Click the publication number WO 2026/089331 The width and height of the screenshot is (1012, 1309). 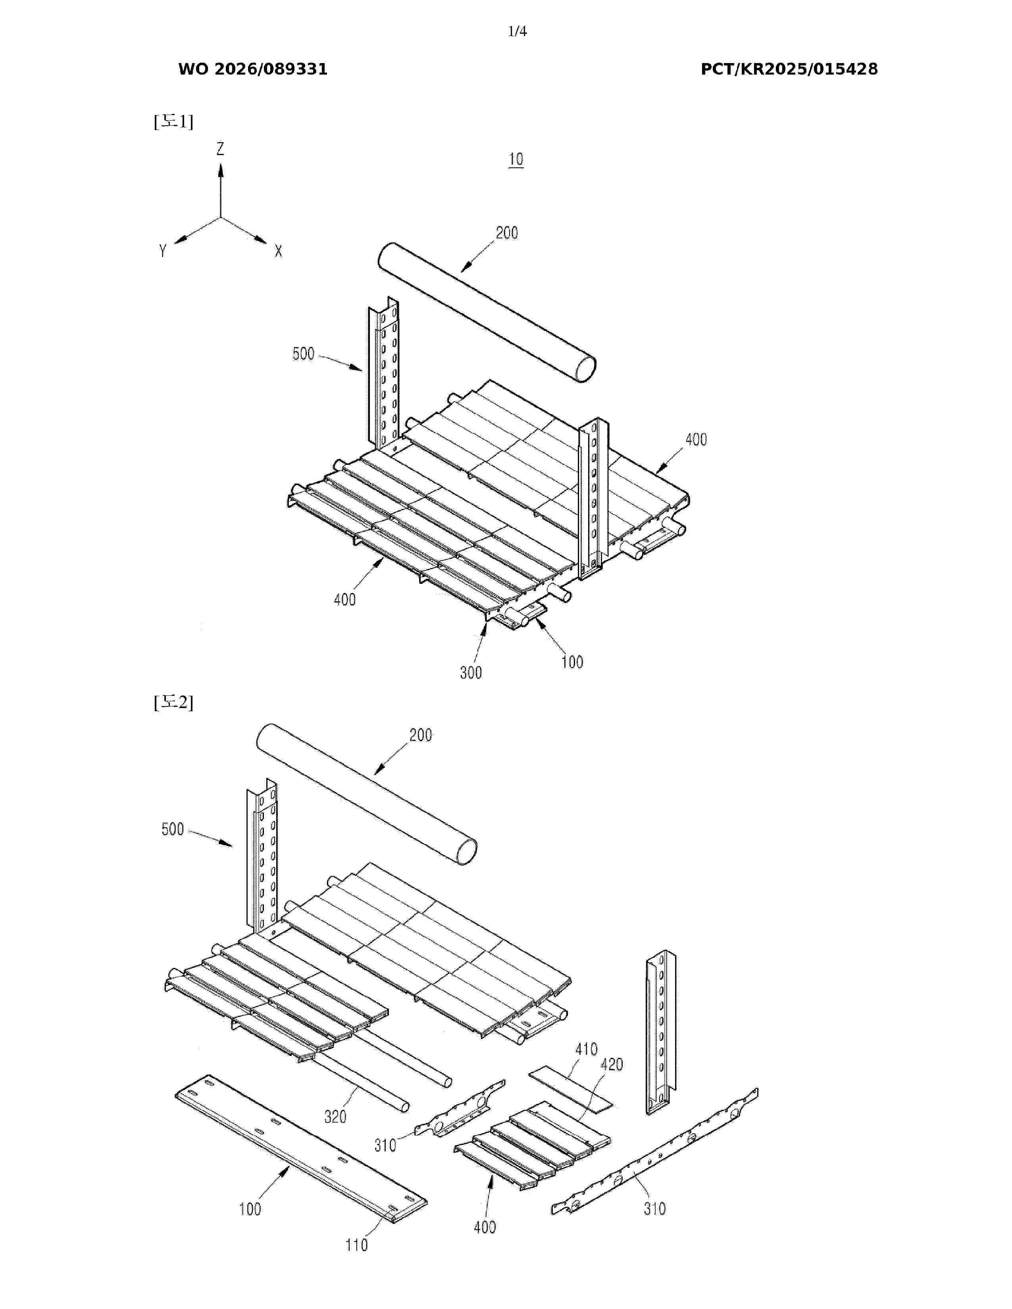253,69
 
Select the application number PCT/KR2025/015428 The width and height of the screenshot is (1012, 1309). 789,69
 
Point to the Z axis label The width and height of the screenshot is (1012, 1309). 221,149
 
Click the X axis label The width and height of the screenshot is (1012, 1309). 278,252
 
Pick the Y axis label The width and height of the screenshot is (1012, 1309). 162,251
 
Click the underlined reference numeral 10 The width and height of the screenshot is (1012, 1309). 516,159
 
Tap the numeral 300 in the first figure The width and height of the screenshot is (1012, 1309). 471,672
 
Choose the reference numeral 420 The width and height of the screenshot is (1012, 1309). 612,1065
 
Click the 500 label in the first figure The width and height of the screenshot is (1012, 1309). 303,353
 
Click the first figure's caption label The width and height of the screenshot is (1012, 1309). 173,122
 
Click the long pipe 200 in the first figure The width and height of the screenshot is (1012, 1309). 487,312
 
